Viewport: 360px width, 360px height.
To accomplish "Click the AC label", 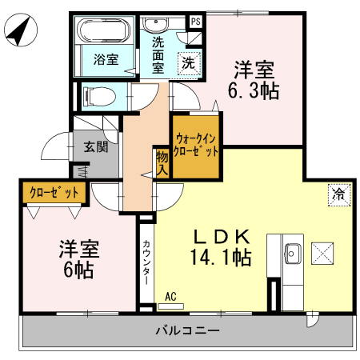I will click(x=170, y=297).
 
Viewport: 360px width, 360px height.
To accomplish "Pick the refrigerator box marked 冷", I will click(x=339, y=193).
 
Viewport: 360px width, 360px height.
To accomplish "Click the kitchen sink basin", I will click(x=292, y=254).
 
